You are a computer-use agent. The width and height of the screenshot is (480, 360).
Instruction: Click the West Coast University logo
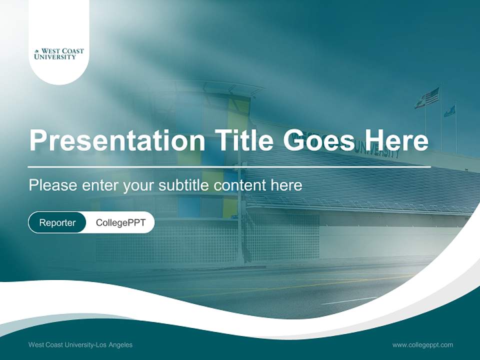coord(59,54)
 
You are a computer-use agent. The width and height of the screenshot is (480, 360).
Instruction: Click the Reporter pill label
coord(57,223)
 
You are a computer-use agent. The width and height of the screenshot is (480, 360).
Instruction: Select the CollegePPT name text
coord(120,223)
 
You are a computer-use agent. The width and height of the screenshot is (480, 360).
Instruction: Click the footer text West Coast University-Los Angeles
coord(80,345)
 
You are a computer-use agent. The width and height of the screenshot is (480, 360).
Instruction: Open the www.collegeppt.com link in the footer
coord(422,345)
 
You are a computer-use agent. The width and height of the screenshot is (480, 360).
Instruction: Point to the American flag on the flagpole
coord(431,95)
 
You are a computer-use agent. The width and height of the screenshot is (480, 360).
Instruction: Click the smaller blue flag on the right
coord(450,110)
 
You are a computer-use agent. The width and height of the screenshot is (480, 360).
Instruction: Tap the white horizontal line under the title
coord(229,166)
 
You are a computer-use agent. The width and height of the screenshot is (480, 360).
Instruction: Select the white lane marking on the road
coord(349,300)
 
